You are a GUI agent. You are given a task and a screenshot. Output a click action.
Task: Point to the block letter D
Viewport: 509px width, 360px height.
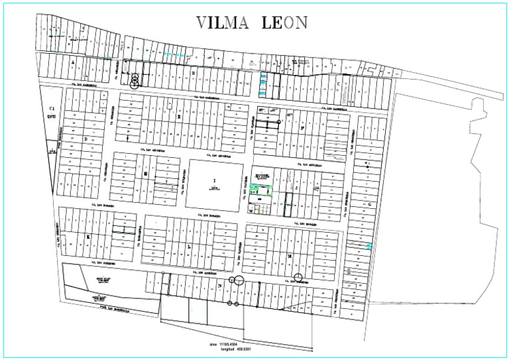[86, 139]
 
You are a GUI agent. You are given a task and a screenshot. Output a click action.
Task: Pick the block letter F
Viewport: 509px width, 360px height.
[302, 129]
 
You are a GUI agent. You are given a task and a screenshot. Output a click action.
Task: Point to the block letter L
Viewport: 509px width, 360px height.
[190, 245]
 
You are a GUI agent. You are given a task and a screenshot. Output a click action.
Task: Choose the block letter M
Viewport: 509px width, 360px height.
[289, 254]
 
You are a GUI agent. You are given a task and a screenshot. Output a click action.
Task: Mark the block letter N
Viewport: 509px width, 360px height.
[219, 286]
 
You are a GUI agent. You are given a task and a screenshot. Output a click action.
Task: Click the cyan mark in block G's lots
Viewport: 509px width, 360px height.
[368, 246]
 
